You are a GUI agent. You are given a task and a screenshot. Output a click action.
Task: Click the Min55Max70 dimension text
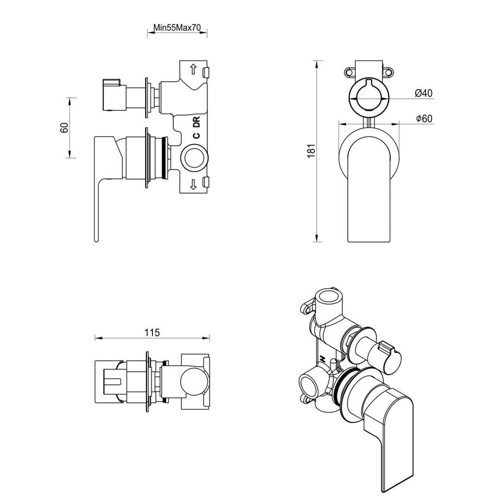pos(177,28)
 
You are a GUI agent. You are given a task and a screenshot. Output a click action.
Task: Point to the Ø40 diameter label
pos(424,93)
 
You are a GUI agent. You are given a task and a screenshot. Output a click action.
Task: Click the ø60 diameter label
pos(424,119)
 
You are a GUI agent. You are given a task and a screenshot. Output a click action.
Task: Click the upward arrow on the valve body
pos(193,69)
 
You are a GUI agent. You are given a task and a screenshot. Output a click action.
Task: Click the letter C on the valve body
pos(196,136)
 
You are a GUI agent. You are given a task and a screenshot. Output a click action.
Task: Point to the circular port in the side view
pos(194,158)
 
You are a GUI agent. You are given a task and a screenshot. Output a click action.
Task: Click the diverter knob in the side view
pos(113,94)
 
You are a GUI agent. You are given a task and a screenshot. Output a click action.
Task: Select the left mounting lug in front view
pos(349,72)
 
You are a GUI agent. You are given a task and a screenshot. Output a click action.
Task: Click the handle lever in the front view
pos(369,194)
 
